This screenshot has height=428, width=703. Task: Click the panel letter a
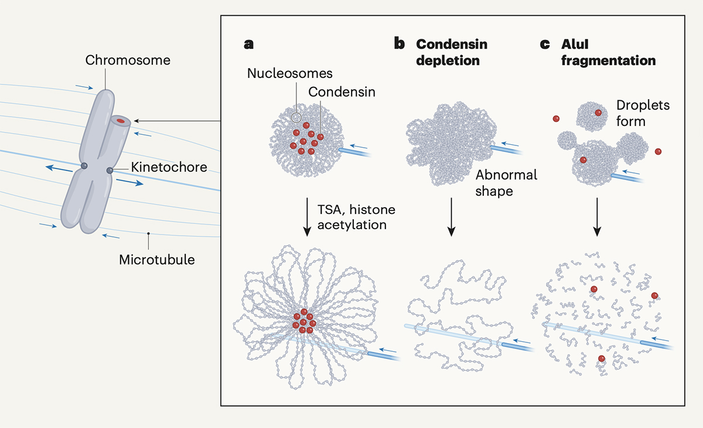pyautogui.click(x=249, y=44)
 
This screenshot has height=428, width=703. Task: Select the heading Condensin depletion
pyautogui.click(x=451, y=52)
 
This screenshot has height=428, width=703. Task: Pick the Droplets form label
pyautogui.click(x=643, y=113)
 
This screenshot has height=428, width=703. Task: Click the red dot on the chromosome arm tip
pyautogui.click(x=120, y=121)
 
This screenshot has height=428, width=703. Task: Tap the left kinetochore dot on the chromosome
pyautogui.click(x=85, y=167)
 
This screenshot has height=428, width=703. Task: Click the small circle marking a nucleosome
pyautogui.click(x=297, y=117)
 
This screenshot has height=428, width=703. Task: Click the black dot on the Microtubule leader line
pyautogui.click(x=148, y=234)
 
